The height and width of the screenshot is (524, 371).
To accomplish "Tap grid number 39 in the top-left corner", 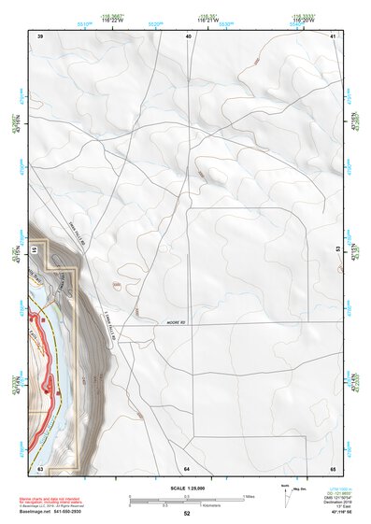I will (x=40, y=35).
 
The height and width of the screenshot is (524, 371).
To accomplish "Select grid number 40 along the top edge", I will (x=188, y=35).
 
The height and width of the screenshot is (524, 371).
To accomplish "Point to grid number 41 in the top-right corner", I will (x=334, y=35).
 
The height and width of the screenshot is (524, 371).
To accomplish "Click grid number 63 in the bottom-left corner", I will (x=40, y=467).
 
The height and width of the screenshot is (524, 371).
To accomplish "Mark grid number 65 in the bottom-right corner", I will (x=333, y=467).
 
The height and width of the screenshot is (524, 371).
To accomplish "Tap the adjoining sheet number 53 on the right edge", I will (x=338, y=250).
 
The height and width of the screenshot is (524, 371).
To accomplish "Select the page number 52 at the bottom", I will (x=187, y=514).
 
